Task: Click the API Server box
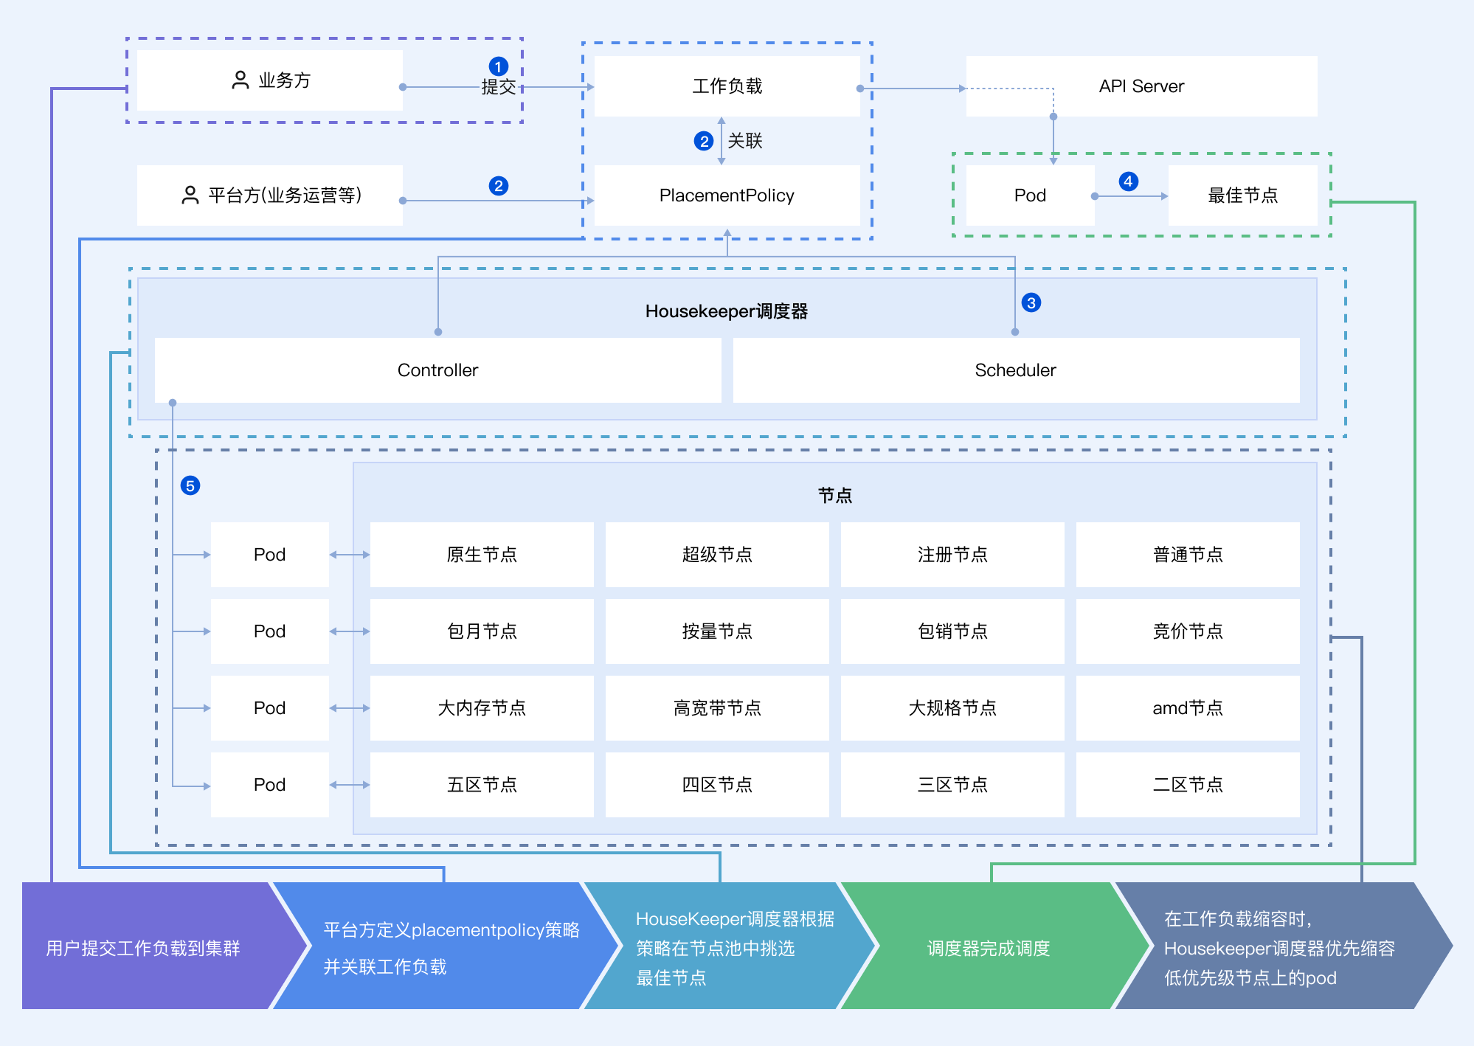[1141, 86]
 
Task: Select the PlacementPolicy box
[727, 195]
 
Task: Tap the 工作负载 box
[727, 86]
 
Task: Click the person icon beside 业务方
[241, 80]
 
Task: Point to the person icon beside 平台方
[190, 195]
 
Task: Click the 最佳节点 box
[1242, 195]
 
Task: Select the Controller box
[437, 370]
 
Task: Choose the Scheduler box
[1015, 370]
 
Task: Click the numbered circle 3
[1031, 302]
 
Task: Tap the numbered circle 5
[190, 485]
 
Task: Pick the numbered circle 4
[1128, 181]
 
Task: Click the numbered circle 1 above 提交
[499, 66]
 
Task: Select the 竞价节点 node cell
[1188, 631]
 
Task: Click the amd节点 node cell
[1188, 708]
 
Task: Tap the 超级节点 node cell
[717, 555]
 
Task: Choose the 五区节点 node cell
[482, 785]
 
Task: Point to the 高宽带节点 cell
[717, 708]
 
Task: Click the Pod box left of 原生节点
[269, 555]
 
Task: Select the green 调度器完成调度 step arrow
[989, 948]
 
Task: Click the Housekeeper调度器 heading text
[727, 311]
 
